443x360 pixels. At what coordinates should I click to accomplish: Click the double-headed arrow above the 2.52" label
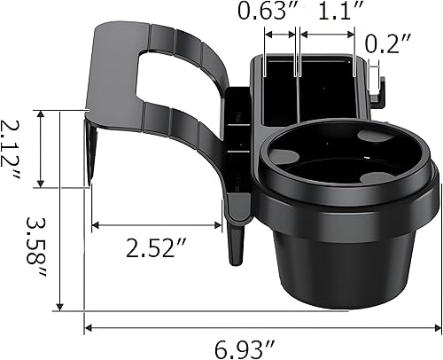(x=156, y=223)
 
